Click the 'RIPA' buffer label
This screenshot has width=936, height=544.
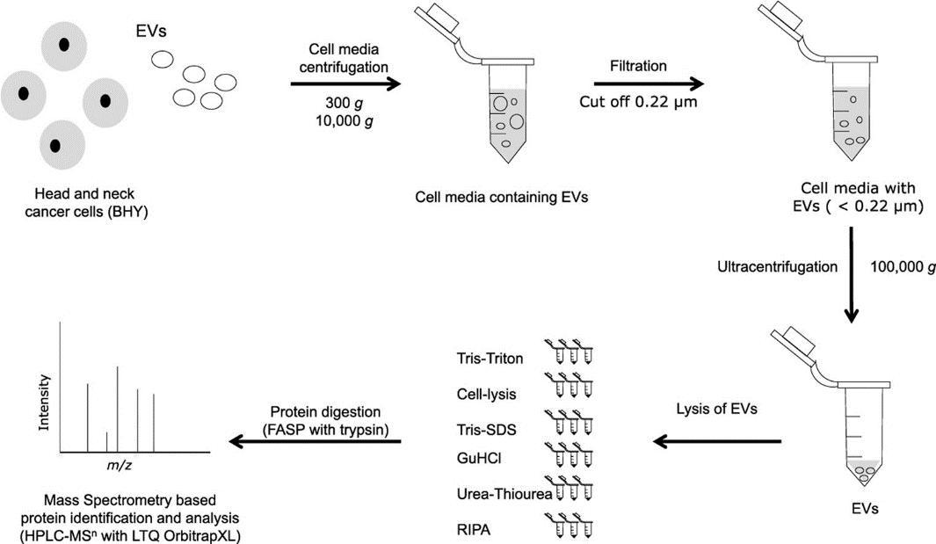coord(472,530)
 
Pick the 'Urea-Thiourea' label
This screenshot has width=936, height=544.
coord(504,495)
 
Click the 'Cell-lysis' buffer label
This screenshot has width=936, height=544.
coord(491,393)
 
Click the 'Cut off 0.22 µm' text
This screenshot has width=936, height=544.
coord(639,100)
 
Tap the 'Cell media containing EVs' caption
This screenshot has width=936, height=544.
coord(501,197)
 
